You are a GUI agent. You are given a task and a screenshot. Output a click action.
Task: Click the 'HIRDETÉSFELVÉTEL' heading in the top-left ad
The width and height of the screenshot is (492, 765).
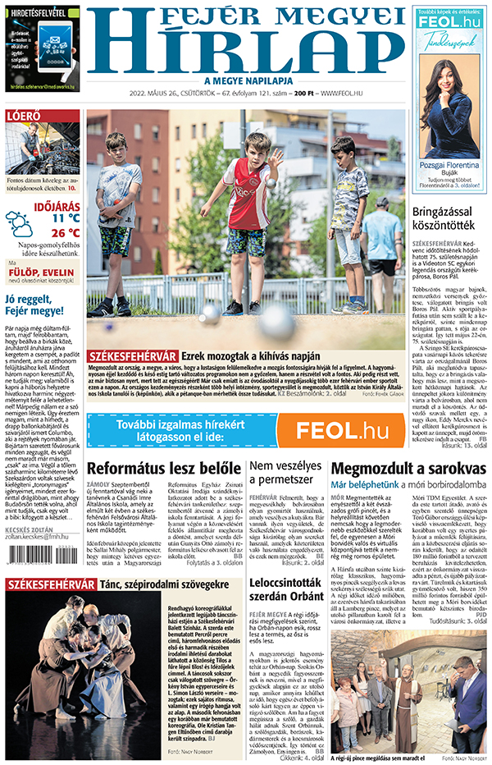coord(41,14)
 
